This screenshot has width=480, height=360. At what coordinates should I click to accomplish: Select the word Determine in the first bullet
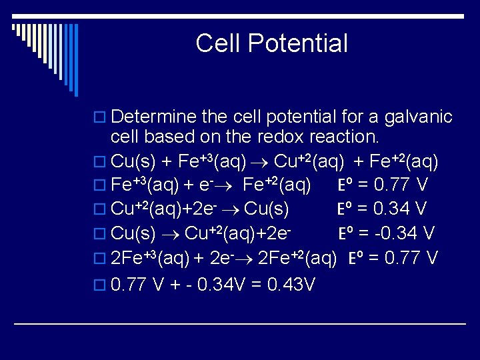(x=153, y=117)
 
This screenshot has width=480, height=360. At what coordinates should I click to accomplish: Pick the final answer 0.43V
(x=291, y=285)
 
